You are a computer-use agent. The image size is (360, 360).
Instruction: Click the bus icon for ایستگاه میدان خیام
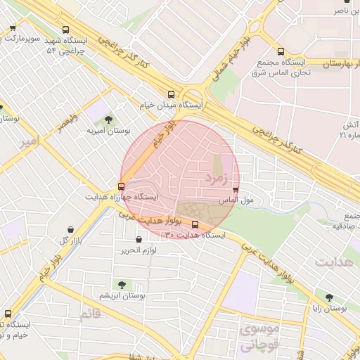point(172,94)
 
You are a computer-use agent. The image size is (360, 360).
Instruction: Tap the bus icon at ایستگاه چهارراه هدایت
point(122,187)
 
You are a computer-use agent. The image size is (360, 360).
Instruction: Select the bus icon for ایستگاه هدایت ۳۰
point(195,225)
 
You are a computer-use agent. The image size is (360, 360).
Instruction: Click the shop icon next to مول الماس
point(235,190)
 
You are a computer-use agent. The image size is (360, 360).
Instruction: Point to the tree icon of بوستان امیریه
point(108,120)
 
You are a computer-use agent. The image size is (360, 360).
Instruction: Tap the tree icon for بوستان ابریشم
point(122,285)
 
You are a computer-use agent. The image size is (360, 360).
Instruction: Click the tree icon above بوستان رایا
point(329,297)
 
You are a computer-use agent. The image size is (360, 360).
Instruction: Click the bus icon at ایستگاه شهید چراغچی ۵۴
point(65,30)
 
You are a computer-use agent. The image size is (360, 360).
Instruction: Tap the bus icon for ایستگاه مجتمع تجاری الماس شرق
point(281,51)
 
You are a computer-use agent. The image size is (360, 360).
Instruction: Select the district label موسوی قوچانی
point(259,337)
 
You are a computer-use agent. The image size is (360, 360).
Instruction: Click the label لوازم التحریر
point(142,250)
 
